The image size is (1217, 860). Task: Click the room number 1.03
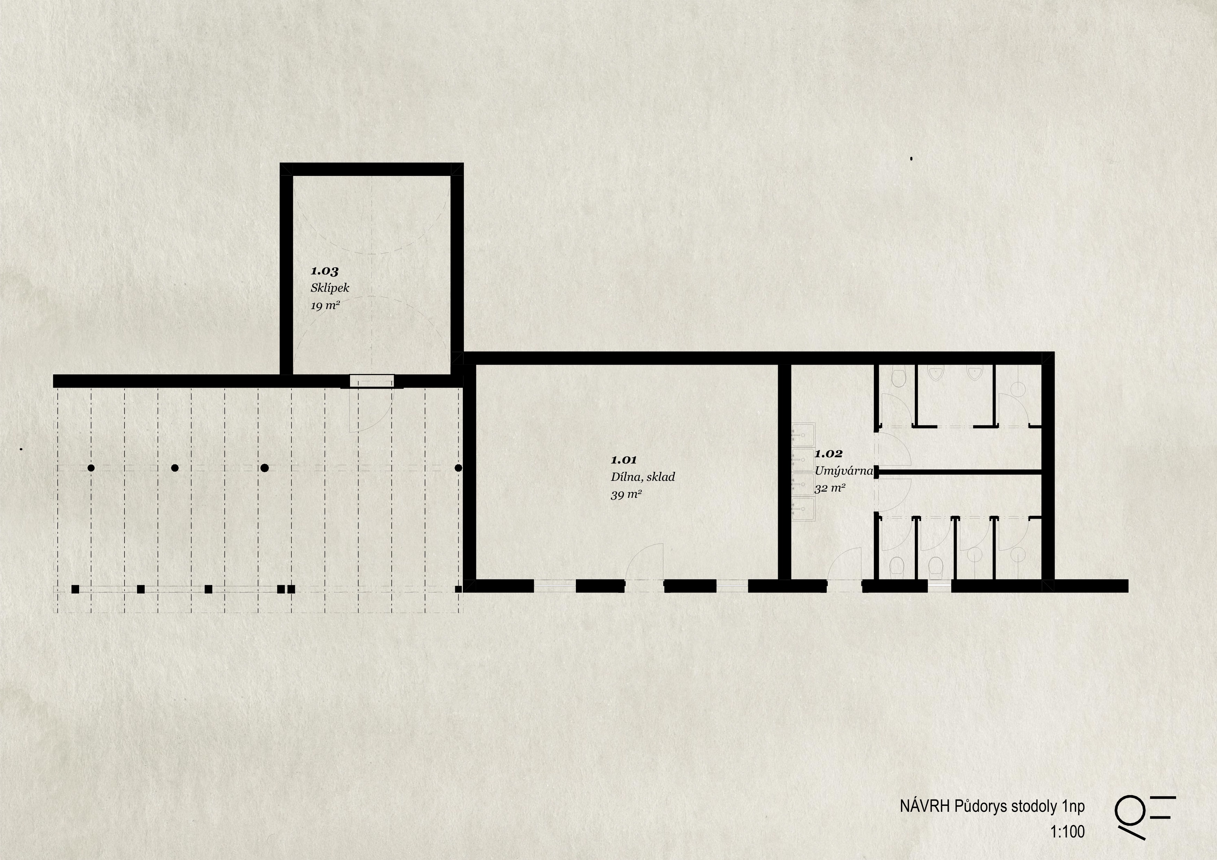click(x=324, y=271)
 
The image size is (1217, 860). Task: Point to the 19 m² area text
click(x=325, y=306)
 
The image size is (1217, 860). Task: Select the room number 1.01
click(x=624, y=460)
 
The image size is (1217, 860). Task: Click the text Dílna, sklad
click(x=643, y=477)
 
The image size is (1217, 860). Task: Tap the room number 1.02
click(x=828, y=453)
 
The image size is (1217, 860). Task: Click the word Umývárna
click(x=843, y=470)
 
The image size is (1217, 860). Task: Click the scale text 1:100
click(x=1067, y=832)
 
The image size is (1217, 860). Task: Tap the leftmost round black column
click(x=91, y=468)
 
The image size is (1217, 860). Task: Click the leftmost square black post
click(x=75, y=589)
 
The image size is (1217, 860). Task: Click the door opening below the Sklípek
click(x=372, y=381)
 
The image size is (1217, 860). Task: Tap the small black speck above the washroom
click(x=911, y=159)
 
